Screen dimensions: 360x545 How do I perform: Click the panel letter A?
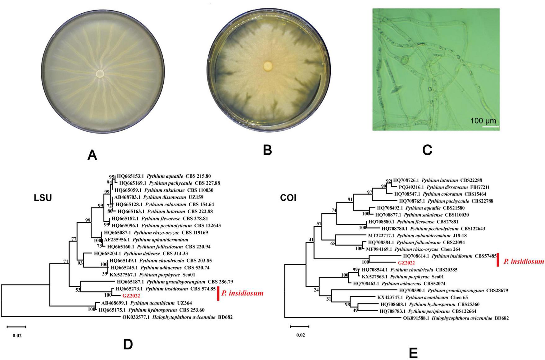pos(92,155)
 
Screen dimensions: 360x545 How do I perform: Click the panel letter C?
pos(427,150)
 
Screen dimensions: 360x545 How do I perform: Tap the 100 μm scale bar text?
pos(483,121)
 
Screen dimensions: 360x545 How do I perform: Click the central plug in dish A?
pos(100,74)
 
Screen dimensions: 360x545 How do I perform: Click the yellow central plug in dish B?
pos(268,66)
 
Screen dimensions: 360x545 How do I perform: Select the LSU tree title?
pos(43,198)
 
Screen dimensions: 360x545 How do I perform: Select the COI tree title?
pos(288,198)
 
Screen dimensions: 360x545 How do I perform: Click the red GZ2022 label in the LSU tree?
pos(131,296)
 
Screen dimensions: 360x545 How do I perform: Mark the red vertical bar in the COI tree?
pos(497,260)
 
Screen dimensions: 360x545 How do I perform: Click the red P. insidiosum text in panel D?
pos(242,293)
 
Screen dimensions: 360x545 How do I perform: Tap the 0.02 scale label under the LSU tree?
pos(17,335)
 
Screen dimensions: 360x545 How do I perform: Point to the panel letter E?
pos(413,353)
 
